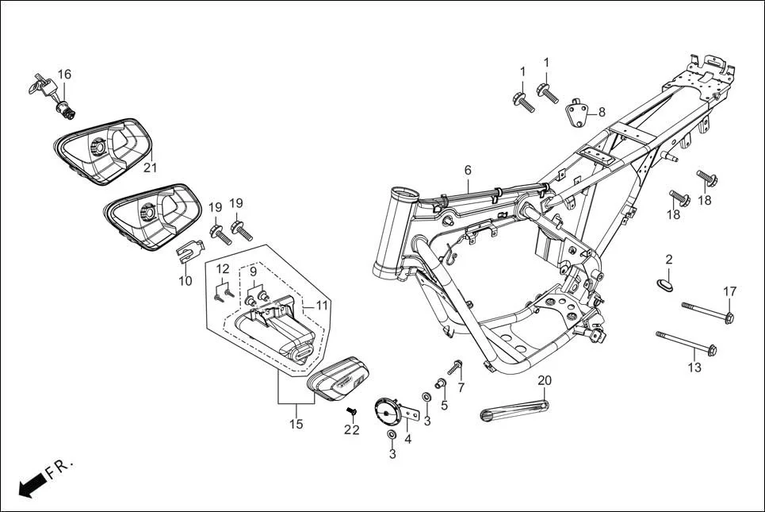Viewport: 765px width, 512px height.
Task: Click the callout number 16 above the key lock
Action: pos(63,75)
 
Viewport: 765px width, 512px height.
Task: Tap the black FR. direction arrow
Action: pos(30,483)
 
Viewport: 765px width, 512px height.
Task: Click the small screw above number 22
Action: pos(353,411)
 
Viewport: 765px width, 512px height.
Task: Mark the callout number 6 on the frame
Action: pos(468,170)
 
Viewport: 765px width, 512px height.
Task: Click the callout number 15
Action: pos(295,425)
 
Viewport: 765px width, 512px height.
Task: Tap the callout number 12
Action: pos(223,268)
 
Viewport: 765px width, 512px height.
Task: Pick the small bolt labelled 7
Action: pos(456,368)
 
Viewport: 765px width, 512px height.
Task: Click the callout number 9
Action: pos(254,271)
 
